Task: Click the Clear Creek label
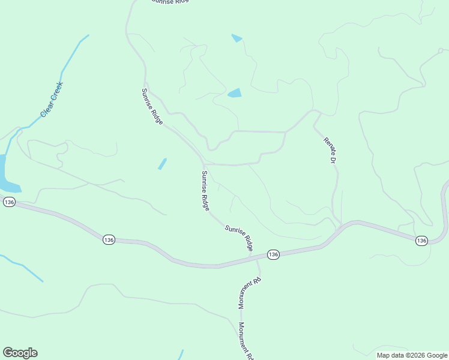[52, 99]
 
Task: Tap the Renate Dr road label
[330, 151]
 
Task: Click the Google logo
[20, 353]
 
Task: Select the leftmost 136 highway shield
[8, 203]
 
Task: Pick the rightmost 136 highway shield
[421, 240]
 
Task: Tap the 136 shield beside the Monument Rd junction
[273, 254]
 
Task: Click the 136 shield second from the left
[108, 239]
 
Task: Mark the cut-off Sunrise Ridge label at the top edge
[170, 2]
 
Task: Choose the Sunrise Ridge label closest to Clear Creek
[152, 106]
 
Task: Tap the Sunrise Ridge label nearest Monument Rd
[239, 238]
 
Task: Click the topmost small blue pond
[237, 38]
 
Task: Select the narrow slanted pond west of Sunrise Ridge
[162, 163]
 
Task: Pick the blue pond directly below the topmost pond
[234, 93]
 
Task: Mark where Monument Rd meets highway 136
[258, 258]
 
